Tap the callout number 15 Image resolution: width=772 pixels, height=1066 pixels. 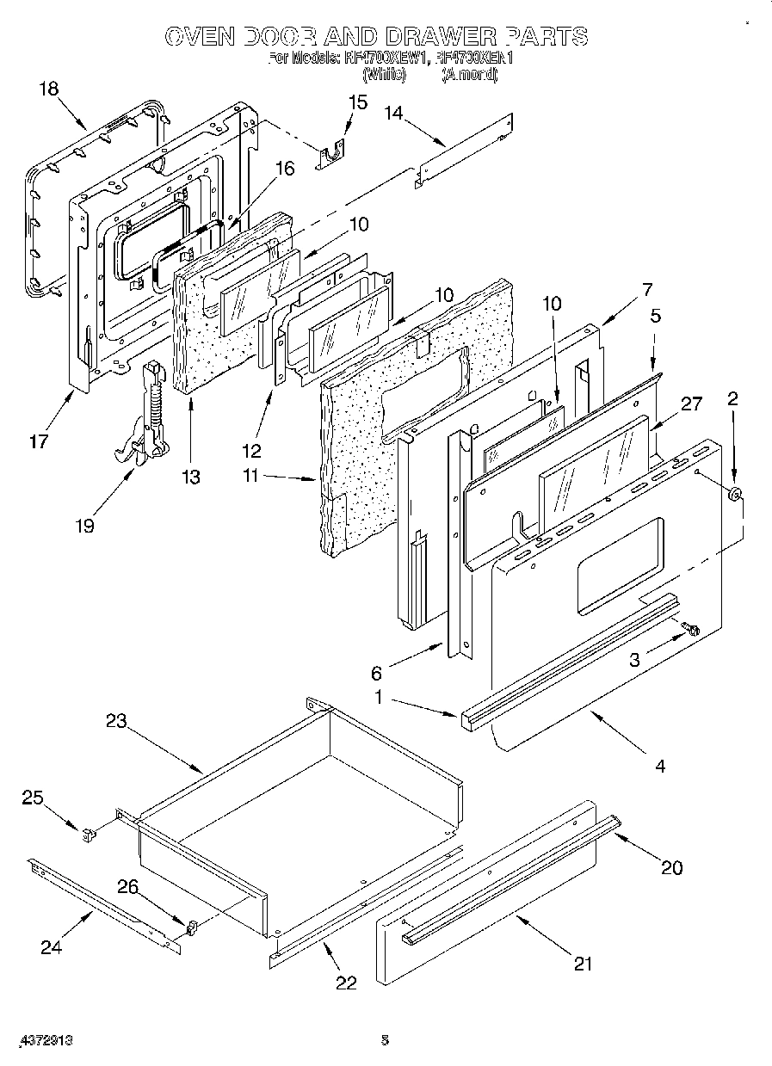[x=356, y=102]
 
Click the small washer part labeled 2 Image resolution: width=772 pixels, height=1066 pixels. [x=734, y=495]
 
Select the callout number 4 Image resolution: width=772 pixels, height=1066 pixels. [x=659, y=764]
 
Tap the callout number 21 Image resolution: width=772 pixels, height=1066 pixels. [x=584, y=964]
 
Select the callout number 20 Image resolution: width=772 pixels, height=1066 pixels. [x=671, y=867]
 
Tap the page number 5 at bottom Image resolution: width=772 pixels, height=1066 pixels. [x=385, y=1039]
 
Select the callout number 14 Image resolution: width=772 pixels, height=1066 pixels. [x=393, y=112]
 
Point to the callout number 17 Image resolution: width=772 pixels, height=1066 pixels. [x=39, y=443]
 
